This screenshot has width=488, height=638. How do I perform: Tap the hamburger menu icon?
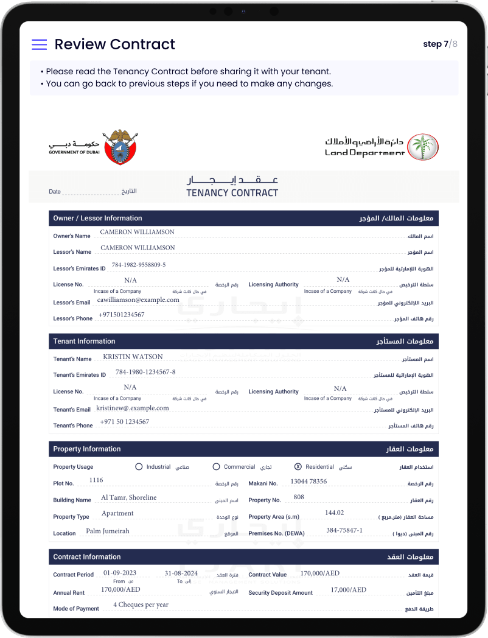(40, 44)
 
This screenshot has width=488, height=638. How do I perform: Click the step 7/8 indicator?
(440, 44)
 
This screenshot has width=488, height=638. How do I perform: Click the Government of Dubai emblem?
(120, 147)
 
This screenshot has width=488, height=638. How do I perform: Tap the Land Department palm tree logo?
(422, 147)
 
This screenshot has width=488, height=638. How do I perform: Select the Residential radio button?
(298, 467)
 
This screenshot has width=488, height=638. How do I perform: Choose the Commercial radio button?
(216, 467)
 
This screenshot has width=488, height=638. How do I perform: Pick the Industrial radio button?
(139, 467)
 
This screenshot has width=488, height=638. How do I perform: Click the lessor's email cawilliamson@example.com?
(138, 300)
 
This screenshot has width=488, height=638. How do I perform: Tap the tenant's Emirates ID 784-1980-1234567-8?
(145, 372)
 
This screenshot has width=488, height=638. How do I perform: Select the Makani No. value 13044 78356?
(308, 482)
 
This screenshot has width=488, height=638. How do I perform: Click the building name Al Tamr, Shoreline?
(128, 497)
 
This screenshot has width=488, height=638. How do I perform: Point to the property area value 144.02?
(335, 513)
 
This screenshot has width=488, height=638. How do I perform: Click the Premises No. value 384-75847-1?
(344, 530)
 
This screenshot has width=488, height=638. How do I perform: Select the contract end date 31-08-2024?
(181, 573)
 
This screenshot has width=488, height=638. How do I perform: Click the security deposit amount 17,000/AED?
(349, 590)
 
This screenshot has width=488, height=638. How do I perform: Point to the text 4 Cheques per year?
(141, 605)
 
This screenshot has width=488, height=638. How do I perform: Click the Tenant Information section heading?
(84, 342)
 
